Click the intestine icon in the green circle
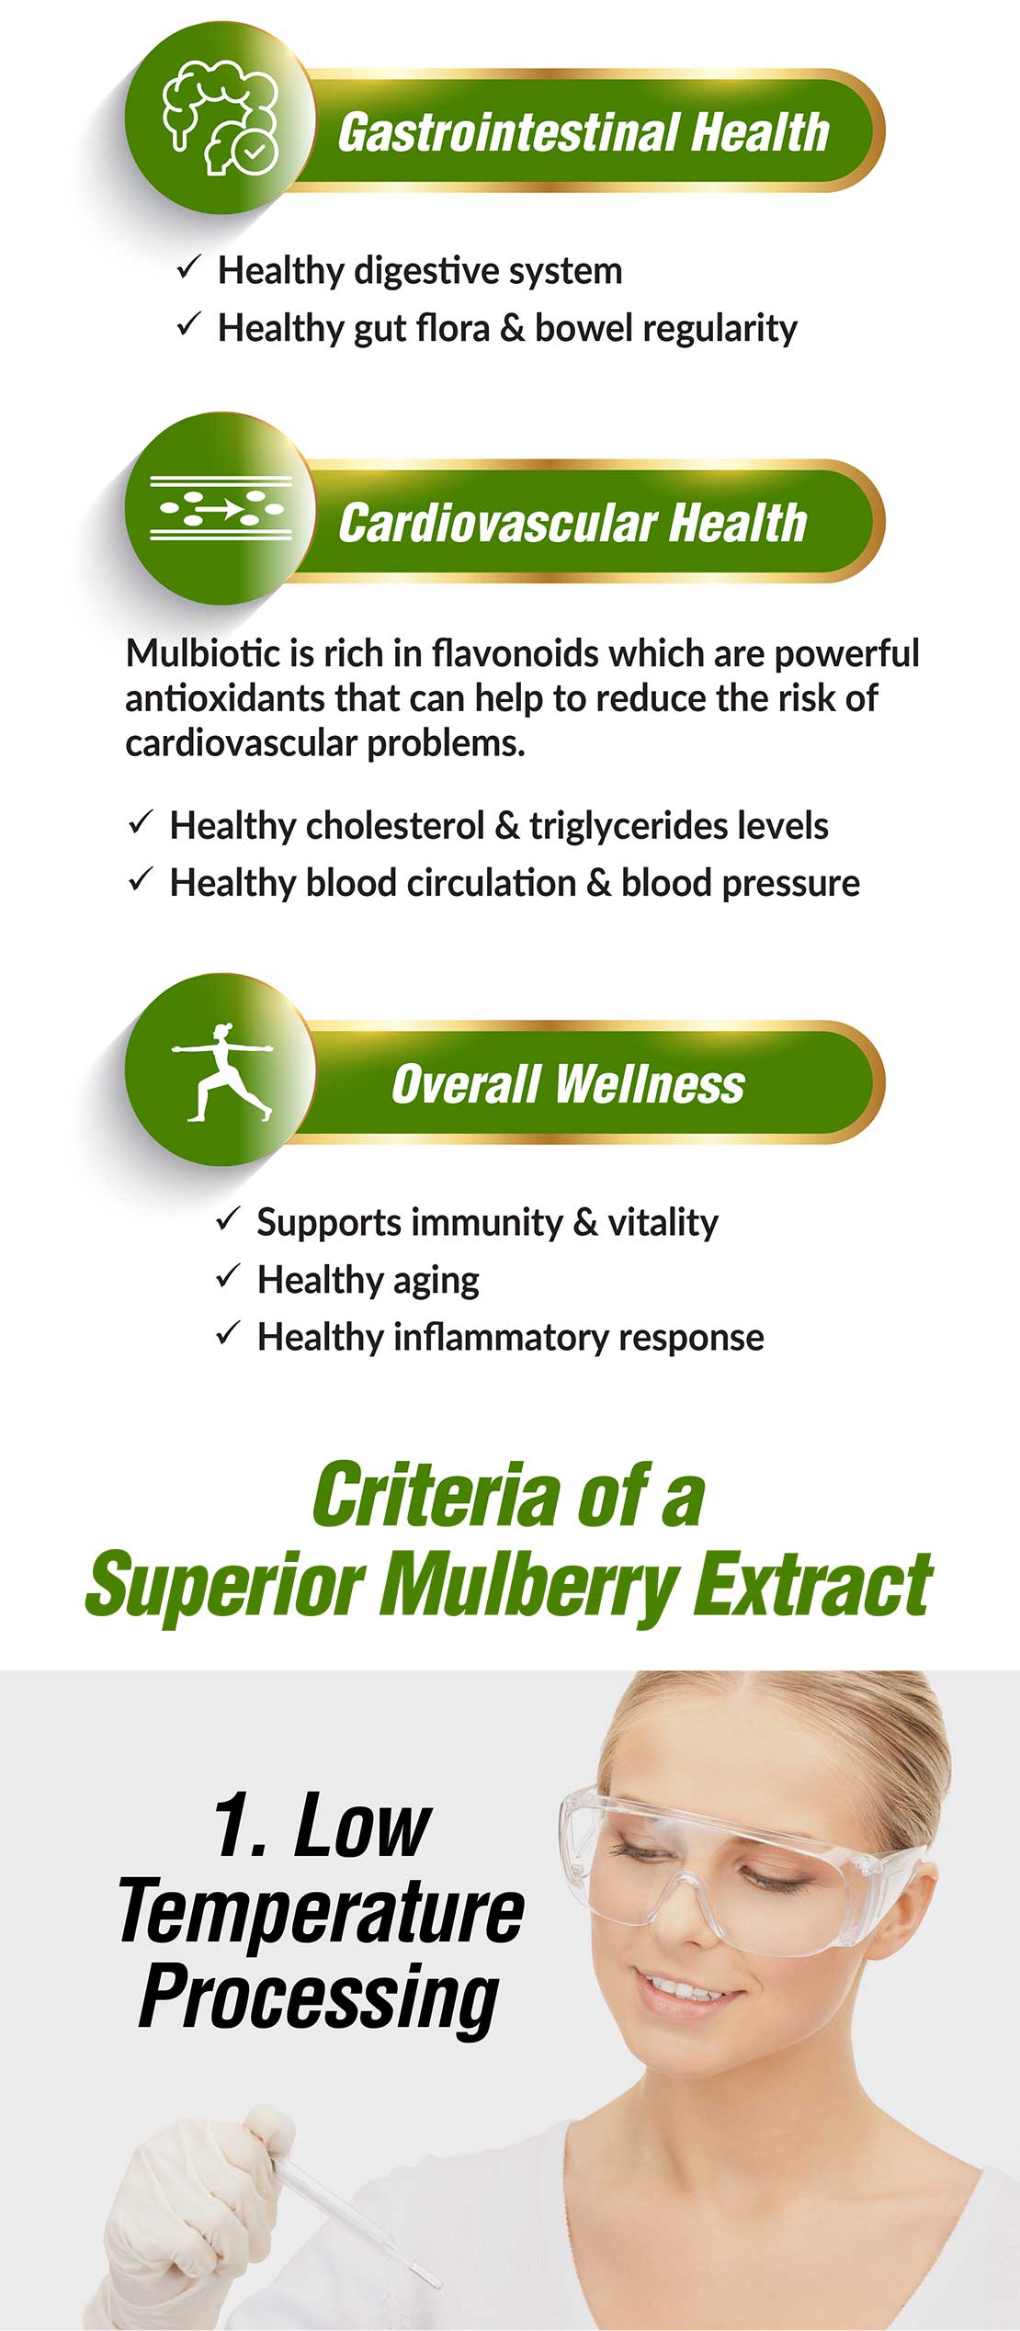(x=221, y=118)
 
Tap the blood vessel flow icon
(x=221, y=508)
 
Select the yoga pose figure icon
(x=222, y=1071)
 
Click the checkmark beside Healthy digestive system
(x=188, y=267)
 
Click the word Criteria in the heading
(x=436, y=1496)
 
